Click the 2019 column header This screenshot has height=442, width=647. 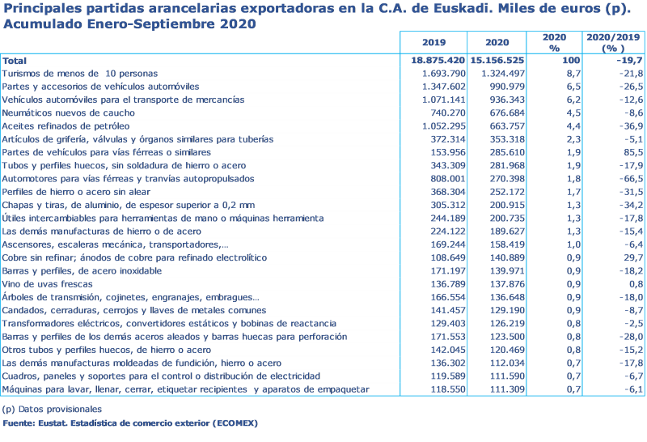(x=433, y=42)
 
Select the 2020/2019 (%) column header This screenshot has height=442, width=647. (x=613, y=43)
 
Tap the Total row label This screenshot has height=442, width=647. (x=15, y=61)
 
